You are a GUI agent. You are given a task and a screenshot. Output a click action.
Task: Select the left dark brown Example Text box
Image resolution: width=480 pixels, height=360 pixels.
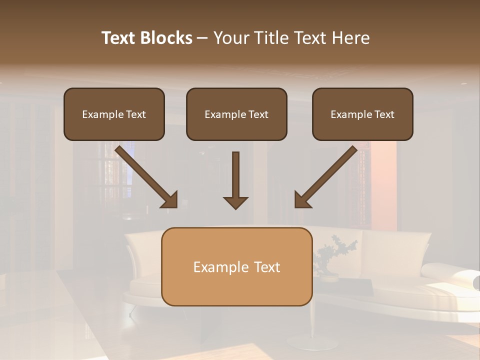(114, 114)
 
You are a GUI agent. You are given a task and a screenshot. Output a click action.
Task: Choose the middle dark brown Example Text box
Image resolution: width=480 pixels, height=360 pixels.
(236, 114)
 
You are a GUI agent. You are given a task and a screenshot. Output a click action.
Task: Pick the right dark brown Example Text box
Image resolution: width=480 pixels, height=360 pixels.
(362, 114)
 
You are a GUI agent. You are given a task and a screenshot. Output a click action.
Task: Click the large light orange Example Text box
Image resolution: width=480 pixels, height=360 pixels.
(236, 266)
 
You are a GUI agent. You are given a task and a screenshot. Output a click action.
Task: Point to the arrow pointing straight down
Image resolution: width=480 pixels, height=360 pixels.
(235, 180)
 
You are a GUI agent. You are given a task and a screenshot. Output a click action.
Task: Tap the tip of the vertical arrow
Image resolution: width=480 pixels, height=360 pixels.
(235, 207)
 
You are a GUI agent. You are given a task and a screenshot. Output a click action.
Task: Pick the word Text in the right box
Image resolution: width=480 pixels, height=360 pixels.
(384, 114)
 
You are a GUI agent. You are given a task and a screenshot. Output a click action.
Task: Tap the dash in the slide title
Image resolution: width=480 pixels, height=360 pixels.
(202, 38)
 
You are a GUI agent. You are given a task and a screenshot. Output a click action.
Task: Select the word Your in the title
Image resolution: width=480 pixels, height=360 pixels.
(230, 38)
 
